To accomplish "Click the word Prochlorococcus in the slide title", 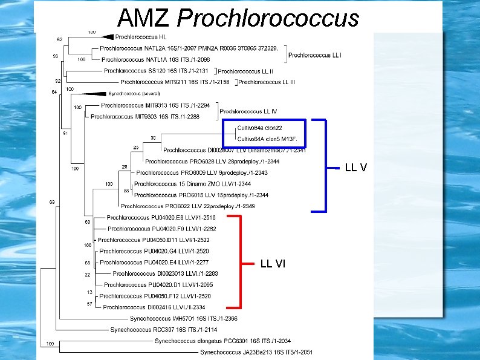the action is pos(267,18).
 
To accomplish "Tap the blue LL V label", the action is pos(355,166).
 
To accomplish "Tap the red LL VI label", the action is pos(273,263).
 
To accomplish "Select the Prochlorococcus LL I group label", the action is pos(315,55).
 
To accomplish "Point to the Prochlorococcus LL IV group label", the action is pos(248,111).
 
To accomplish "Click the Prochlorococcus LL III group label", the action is pos(267,82).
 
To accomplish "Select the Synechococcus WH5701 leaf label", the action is pos(175,318).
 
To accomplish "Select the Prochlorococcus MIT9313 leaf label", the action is pos(155,105).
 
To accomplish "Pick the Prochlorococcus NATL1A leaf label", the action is pos(156,59).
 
